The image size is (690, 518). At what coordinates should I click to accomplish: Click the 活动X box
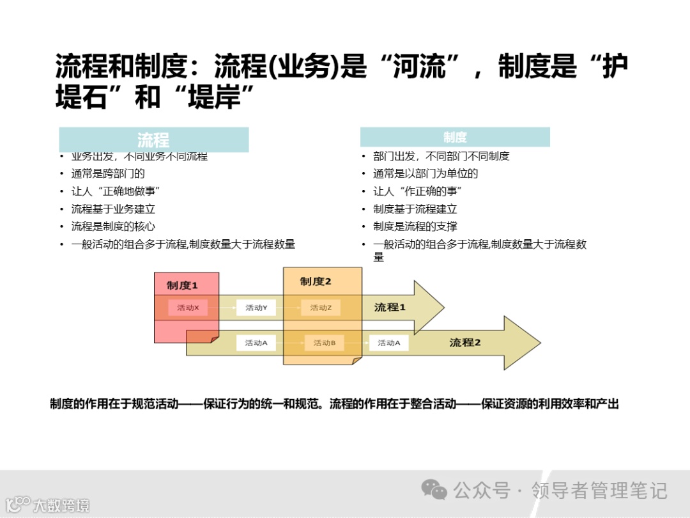click(188, 308)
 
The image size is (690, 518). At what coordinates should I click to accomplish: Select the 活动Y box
click(256, 308)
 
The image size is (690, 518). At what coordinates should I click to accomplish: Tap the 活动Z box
click(321, 308)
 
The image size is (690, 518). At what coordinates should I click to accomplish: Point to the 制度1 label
click(183, 285)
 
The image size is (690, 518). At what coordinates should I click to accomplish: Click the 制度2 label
click(316, 281)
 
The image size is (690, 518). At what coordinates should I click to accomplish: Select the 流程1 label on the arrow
click(390, 308)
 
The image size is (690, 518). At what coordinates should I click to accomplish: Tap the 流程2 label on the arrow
click(464, 343)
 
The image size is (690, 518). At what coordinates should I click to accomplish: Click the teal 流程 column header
click(153, 139)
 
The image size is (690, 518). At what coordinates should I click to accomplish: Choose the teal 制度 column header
click(455, 137)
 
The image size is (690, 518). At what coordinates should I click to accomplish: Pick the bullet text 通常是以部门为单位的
click(425, 173)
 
